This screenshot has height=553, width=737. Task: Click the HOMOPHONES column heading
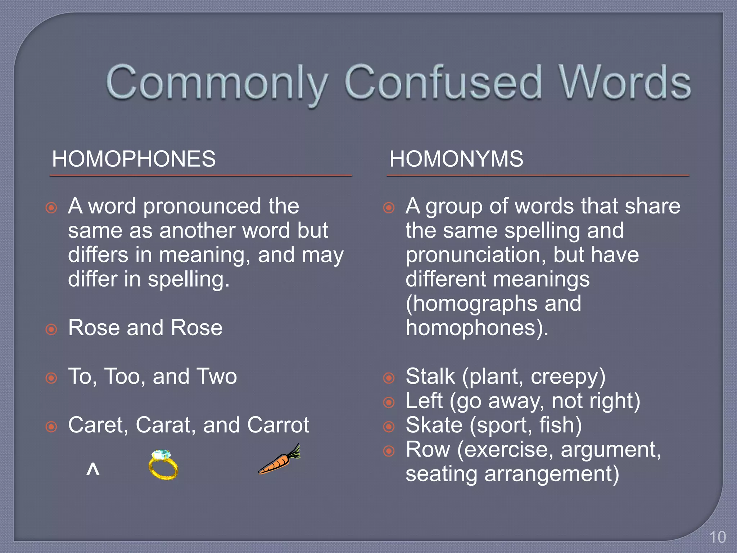[134, 159]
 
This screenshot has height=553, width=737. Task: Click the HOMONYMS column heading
[456, 159]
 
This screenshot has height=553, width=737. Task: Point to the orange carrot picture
[279, 460]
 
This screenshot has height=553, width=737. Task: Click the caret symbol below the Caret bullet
[93, 469]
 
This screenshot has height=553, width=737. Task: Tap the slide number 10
[717, 537]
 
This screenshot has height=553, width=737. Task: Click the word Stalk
[430, 377]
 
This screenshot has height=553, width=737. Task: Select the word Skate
[434, 425]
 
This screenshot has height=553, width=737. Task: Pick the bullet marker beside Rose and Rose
[51, 329]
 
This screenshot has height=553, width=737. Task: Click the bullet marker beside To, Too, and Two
[51, 378]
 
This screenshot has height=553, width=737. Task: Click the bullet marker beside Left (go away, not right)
[389, 402]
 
